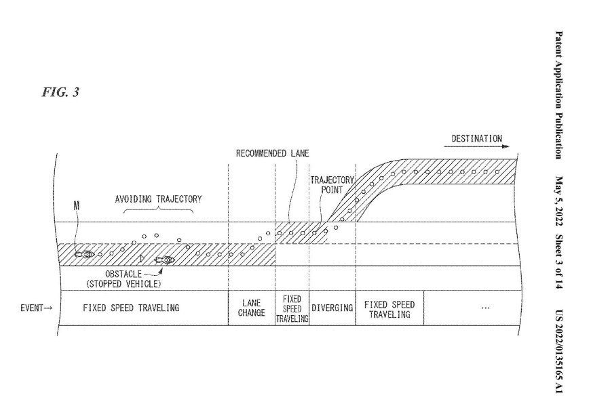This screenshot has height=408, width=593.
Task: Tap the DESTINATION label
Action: [477, 139]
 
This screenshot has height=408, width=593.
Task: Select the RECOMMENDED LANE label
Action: [272, 154]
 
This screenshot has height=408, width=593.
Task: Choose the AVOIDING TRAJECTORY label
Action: [158, 199]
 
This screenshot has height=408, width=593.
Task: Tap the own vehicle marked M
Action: [85, 254]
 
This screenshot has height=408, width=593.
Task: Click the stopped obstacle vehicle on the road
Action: [165, 259]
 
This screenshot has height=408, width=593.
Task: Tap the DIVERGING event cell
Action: [332, 308]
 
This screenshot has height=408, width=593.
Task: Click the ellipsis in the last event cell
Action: [484, 308]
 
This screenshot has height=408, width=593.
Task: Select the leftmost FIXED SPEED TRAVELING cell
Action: [131, 308]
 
